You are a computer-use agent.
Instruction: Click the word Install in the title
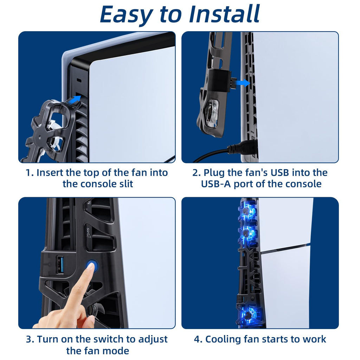[224, 14]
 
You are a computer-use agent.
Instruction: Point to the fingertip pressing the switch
[91, 267]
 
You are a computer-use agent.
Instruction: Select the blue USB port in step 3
[60, 264]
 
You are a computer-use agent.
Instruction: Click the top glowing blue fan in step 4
[247, 213]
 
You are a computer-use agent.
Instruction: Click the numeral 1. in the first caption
[30, 173]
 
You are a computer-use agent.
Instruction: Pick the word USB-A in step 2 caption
[216, 184]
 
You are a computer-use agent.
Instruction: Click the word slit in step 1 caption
[126, 184]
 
